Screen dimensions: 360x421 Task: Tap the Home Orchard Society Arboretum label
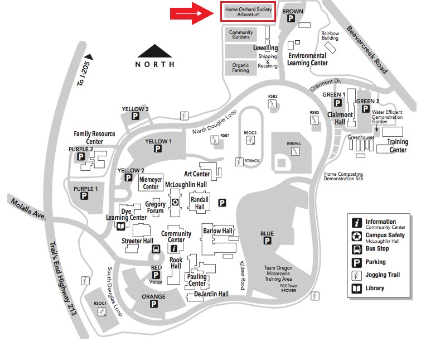click(248, 12)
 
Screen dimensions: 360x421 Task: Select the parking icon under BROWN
click(291, 18)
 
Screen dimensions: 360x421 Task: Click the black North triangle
click(154, 51)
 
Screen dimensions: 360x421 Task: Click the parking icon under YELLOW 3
click(135, 116)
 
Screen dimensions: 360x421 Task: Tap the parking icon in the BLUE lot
click(267, 241)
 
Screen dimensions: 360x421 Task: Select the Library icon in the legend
click(356, 289)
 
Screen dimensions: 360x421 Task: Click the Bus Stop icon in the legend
click(356, 249)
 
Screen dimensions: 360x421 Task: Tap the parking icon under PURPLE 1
click(85, 196)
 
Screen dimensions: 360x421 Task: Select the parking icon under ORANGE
click(153, 304)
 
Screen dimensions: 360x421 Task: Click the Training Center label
click(398, 146)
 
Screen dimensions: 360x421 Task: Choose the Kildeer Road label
click(243, 275)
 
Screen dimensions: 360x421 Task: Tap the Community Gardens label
click(241, 35)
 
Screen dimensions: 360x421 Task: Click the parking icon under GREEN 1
click(337, 102)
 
